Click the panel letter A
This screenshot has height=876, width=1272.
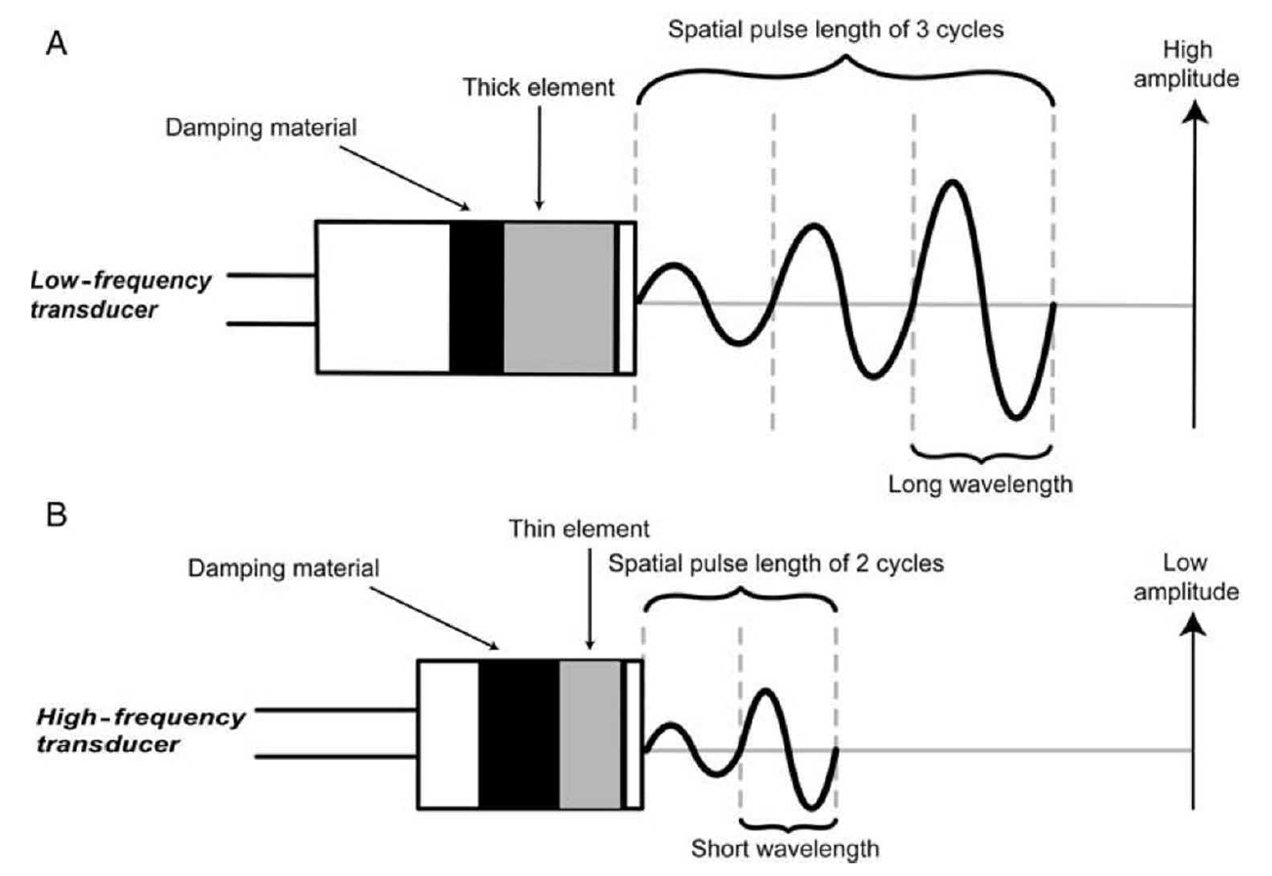pyautogui.click(x=57, y=47)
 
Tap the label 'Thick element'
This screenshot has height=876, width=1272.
pyautogui.click(x=538, y=88)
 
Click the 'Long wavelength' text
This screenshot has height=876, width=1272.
pyautogui.click(x=980, y=482)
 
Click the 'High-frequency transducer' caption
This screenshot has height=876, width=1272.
pyautogui.click(x=141, y=730)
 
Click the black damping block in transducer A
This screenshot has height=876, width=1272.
pyautogui.click(x=476, y=296)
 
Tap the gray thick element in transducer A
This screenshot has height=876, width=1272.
pyautogui.click(x=559, y=296)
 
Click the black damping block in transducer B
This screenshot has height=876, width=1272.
pyautogui.click(x=518, y=733)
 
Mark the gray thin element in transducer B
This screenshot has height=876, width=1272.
pyautogui.click(x=590, y=733)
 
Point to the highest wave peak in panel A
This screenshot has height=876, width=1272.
pyautogui.click(x=950, y=183)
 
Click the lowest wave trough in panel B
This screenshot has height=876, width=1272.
pyautogui.click(x=811, y=808)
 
